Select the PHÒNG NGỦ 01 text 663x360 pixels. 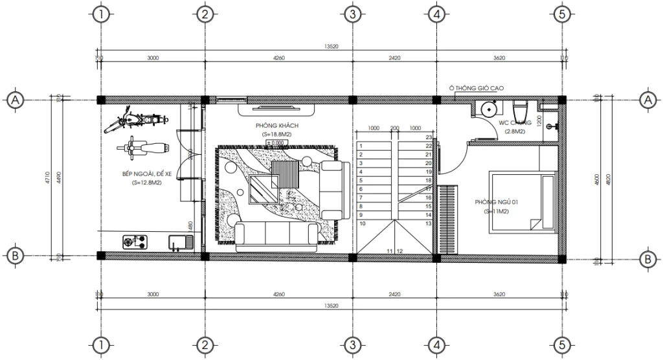[497, 203]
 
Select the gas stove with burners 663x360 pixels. [135, 243]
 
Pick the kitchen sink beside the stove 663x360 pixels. [181, 243]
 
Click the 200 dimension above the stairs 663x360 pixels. [394, 128]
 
